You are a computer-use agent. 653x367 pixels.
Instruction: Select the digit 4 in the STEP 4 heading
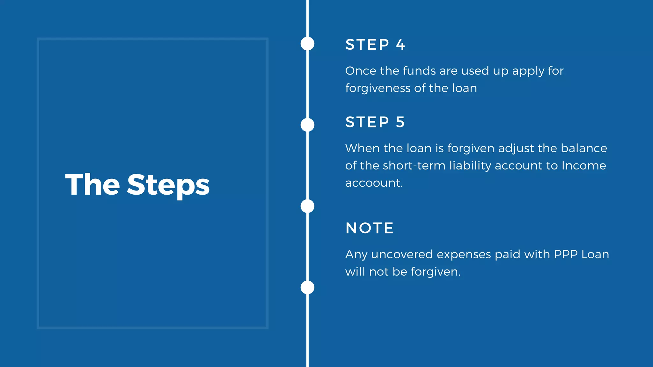400,45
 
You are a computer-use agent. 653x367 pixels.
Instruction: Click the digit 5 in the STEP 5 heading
400,122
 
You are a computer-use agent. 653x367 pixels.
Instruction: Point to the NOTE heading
370,228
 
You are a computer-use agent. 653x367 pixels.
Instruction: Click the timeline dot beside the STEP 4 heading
307,44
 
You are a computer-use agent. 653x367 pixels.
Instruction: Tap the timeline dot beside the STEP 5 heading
307,125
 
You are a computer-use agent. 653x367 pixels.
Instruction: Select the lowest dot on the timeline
307,287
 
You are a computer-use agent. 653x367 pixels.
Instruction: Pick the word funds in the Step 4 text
419,71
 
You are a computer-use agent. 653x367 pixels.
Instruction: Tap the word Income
583,166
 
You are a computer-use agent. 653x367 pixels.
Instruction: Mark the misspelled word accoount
374,183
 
